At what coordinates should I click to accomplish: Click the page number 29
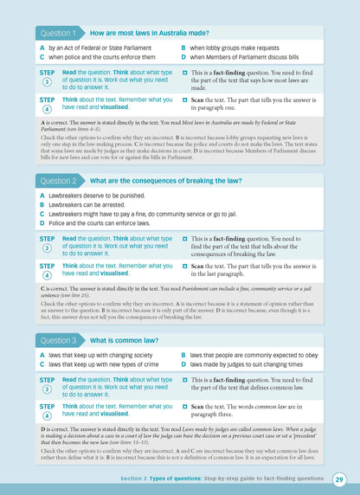point(339,479)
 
